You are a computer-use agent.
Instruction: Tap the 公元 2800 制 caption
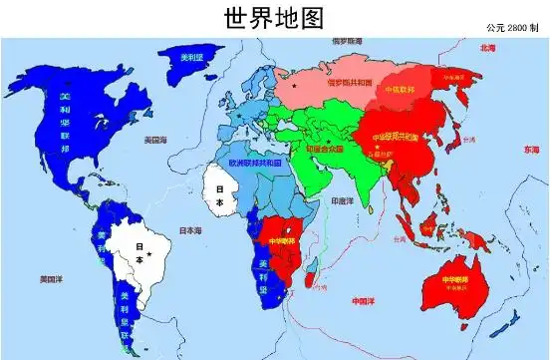[x=511, y=26]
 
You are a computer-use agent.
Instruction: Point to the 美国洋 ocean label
[x=52, y=280]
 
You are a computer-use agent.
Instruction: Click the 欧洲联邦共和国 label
[x=255, y=162]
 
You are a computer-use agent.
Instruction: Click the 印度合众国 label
[x=324, y=148]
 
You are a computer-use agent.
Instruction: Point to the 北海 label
[x=488, y=48]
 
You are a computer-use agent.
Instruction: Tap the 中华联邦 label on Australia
[x=451, y=282]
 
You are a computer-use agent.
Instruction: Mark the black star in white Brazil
[x=148, y=255]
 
